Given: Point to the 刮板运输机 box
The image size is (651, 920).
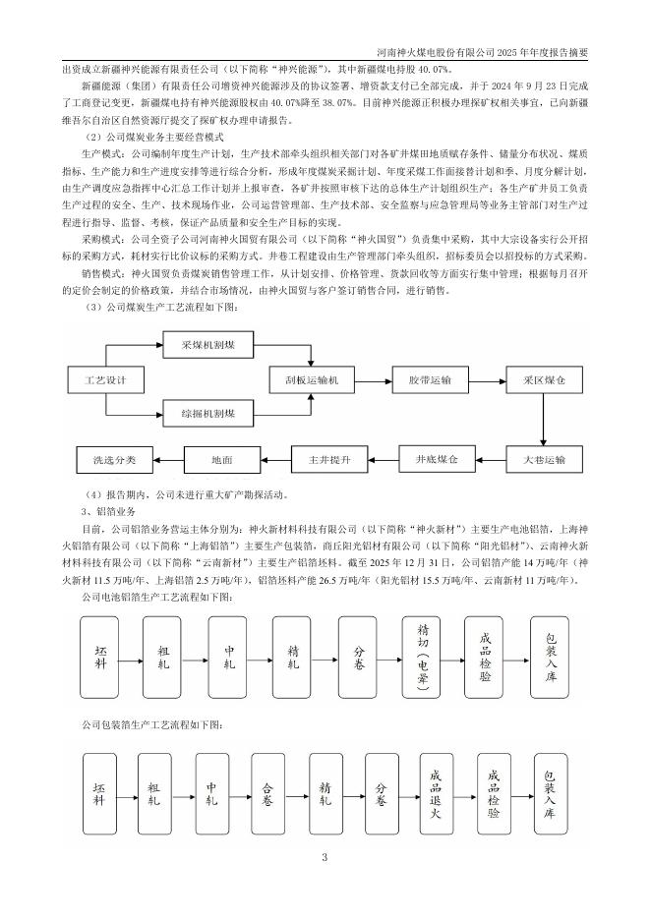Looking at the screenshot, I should tap(311, 378).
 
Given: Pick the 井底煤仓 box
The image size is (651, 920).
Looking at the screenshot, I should tap(432, 457).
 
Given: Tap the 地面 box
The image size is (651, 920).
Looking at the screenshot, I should tap(220, 459).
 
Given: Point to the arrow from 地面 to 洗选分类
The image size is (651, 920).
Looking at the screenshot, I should tap(168, 459).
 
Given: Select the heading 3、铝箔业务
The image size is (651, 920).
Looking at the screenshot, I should tap(101, 511).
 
